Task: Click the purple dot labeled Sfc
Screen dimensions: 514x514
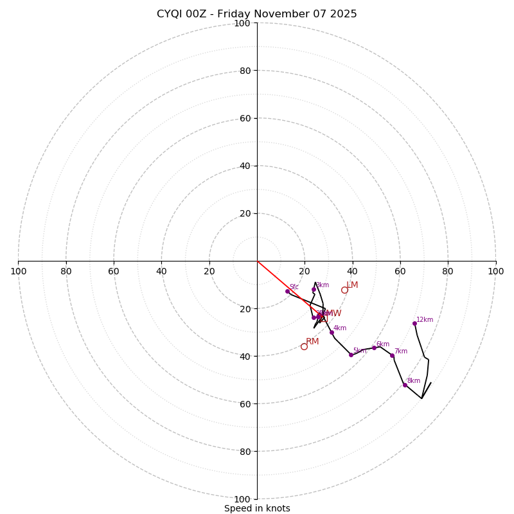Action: pyautogui.click(x=287, y=291)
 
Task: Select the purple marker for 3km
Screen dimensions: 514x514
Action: pyautogui.click(x=314, y=290)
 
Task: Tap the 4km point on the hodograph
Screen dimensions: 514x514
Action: pyautogui.click(x=332, y=332)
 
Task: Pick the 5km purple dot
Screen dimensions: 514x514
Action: pyautogui.click(x=351, y=355)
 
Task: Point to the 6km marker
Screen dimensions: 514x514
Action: pyautogui.click(x=374, y=348)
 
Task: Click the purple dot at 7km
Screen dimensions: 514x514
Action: pyautogui.click(x=392, y=355)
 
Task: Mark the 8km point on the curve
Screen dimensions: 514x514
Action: pyautogui.click(x=405, y=385)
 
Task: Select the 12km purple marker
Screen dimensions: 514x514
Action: pyautogui.click(x=414, y=323)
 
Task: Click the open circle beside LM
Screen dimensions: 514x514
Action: pyautogui.click(x=344, y=290)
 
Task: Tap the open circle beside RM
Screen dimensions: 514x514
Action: pyautogui.click(x=304, y=346)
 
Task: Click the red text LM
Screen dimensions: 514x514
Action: pyautogui.click(x=352, y=285)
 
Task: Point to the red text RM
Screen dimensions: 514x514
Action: pyautogui.click(x=312, y=342)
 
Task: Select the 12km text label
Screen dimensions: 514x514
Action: pyautogui.click(x=425, y=319)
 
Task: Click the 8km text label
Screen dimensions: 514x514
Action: pyautogui.click(x=414, y=381)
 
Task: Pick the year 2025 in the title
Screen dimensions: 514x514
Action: pyautogui.click(x=344, y=14)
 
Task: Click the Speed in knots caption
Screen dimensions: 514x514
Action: pyautogui.click(x=257, y=508)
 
